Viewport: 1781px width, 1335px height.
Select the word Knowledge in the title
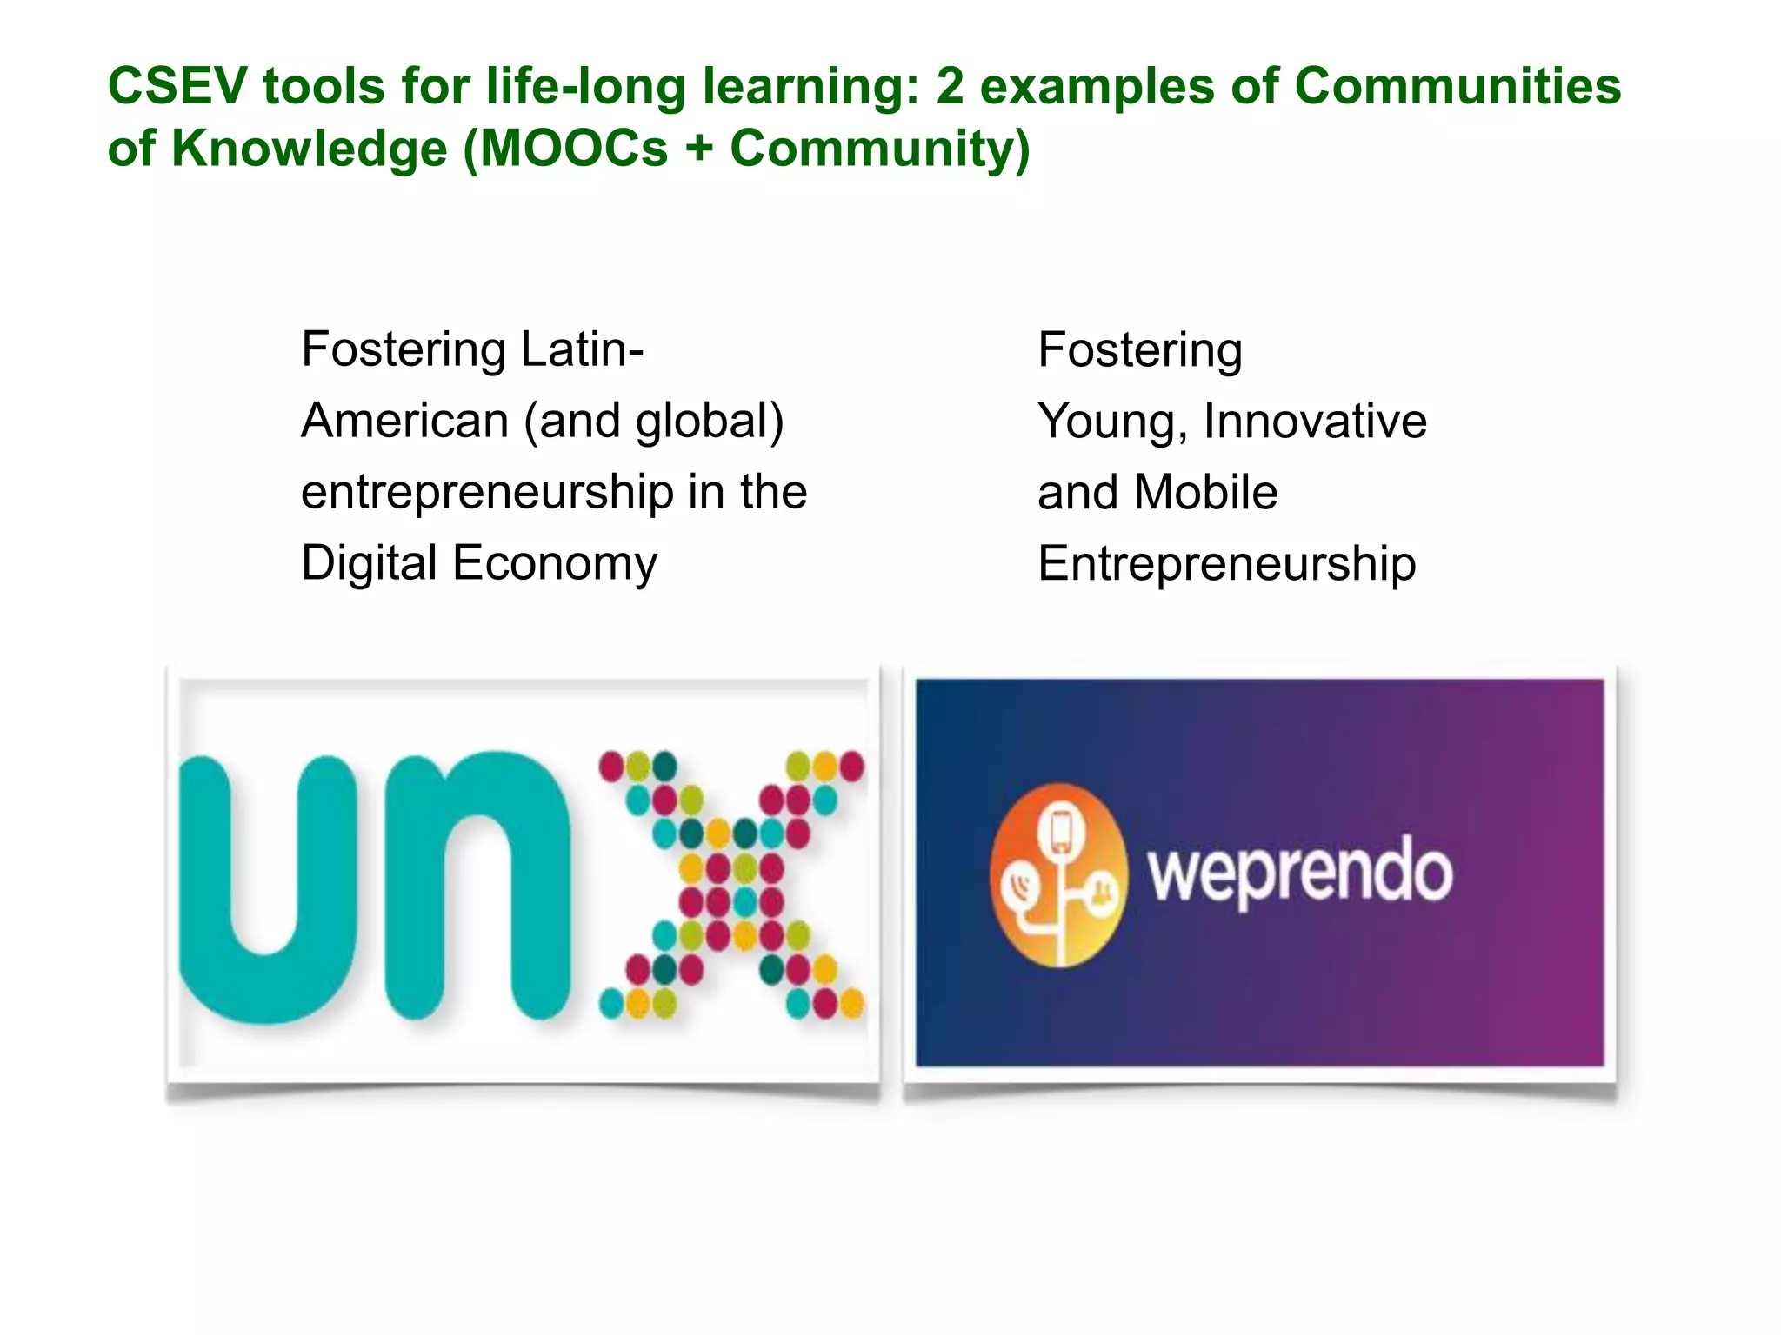point(309,149)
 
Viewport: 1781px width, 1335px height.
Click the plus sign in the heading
point(698,149)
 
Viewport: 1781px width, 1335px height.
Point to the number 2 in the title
point(950,87)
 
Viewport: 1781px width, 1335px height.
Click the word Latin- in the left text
point(582,349)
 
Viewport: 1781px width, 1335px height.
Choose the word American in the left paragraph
point(404,422)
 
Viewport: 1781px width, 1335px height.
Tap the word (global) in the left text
point(710,422)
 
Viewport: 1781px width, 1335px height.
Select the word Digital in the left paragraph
point(369,563)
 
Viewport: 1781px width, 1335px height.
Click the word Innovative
point(1315,422)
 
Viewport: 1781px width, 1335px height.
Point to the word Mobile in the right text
point(1205,493)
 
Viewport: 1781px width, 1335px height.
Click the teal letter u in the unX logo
point(268,887)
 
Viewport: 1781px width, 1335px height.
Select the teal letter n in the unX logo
point(477,887)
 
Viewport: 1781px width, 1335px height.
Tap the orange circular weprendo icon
point(1057,874)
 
